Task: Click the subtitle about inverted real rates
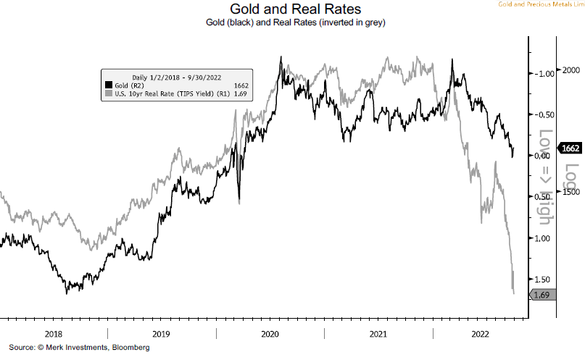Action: (292, 23)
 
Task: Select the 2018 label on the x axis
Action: (54, 334)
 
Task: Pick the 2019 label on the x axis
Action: (162, 334)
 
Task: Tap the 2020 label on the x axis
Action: (270, 334)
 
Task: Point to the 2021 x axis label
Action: (378, 334)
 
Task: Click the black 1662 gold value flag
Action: (571, 148)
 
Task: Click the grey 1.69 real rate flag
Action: (543, 295)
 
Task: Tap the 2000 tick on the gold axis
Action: (572, 70)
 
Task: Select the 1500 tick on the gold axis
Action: (572, 192)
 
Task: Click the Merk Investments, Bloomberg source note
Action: (79, 348)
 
